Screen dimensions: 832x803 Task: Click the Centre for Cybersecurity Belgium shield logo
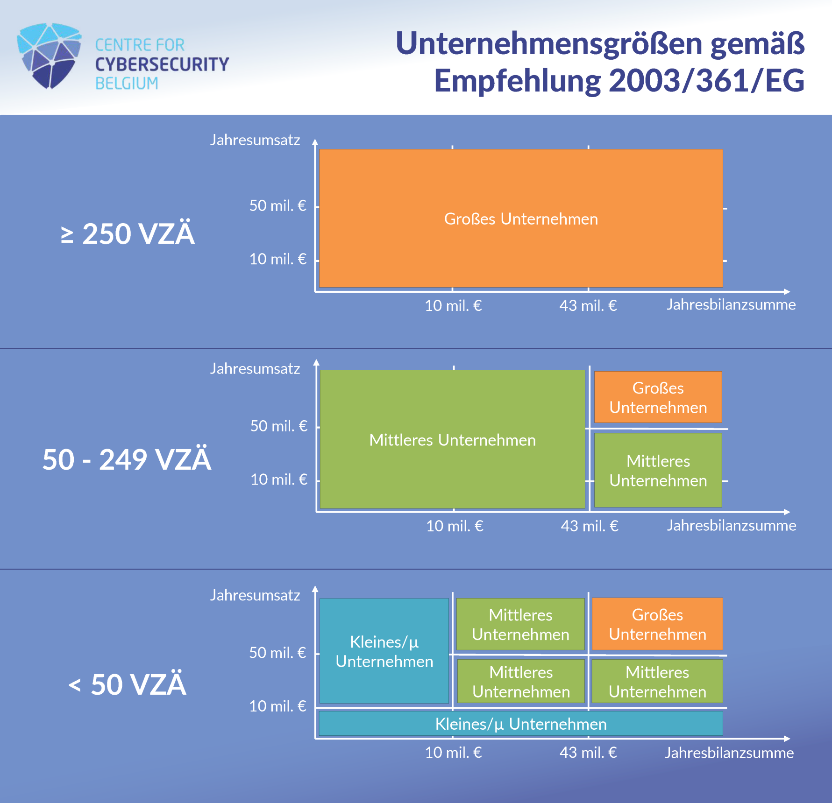49,56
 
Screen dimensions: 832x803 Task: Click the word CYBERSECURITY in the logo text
162,64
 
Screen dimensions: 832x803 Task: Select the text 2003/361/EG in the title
707,81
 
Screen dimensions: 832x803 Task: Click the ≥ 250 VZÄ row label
128,233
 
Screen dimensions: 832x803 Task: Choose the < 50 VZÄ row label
127,684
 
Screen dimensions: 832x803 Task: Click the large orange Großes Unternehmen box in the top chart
521,218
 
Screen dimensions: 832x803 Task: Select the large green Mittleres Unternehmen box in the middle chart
452,439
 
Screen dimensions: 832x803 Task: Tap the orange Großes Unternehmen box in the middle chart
658,397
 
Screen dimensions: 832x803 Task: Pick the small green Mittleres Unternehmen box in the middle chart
658,470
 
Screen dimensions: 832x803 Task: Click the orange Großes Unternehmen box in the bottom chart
657,624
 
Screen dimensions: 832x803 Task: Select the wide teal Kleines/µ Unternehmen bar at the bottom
520,724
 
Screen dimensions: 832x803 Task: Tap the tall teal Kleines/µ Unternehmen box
384,651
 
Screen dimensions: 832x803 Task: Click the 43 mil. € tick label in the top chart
588,306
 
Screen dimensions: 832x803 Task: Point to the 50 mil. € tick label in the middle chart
279,426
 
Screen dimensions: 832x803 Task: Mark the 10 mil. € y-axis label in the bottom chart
277,706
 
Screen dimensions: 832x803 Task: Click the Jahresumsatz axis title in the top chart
255,140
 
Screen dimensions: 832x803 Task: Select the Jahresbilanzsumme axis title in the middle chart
731,526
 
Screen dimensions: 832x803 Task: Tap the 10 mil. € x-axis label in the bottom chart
453,753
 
